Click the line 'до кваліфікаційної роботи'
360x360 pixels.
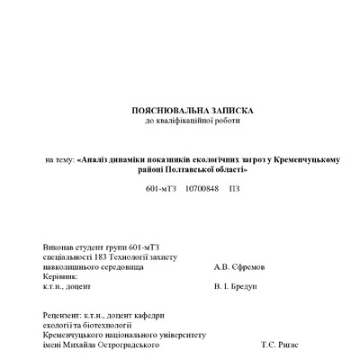192,120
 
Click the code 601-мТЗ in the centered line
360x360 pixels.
160,190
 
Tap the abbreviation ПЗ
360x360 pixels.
234,190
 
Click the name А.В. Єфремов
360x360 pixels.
236,266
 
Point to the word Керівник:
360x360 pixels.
60,276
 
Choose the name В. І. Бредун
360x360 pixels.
236,286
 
